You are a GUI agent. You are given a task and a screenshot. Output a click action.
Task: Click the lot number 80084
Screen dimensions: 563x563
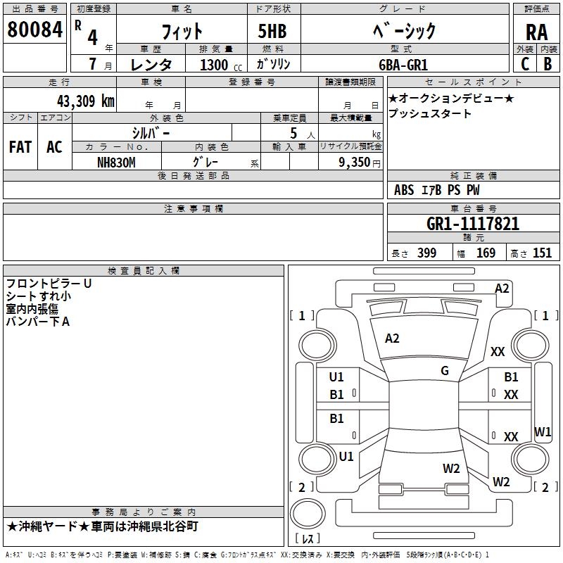point(34,29)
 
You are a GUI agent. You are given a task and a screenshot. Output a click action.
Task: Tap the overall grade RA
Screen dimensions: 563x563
point(536,32)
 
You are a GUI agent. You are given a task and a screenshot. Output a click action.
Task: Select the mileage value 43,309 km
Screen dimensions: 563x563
point(85,101)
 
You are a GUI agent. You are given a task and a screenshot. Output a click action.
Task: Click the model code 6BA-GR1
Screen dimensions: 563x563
point(403,65)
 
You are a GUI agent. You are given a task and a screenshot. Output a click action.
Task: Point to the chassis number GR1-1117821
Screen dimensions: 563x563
point(473,224)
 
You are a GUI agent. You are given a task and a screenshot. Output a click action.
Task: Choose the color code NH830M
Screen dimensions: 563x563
point(116,163)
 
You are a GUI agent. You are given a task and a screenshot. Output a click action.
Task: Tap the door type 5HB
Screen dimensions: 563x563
point(272,31)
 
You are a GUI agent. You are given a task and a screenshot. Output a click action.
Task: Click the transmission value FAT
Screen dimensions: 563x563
point(20,147)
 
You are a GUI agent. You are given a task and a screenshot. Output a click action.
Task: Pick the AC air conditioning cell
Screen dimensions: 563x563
point(54,147)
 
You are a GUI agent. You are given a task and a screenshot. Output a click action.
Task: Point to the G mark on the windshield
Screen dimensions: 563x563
point(445,371)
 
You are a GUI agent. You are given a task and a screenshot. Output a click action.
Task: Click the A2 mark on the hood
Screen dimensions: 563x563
point(392,339)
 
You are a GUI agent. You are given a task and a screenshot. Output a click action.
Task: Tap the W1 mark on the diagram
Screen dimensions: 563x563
point(543,431)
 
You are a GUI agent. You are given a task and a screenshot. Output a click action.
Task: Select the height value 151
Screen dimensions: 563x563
point(542,253)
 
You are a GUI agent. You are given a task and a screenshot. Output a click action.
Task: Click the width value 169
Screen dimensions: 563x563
point(486,253)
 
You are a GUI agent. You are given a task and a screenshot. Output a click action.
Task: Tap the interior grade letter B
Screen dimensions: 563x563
point(548,64)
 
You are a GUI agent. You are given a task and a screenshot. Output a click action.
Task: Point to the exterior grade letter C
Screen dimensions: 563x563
point(525,64)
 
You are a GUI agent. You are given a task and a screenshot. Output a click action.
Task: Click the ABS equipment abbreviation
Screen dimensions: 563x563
point(404,190)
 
